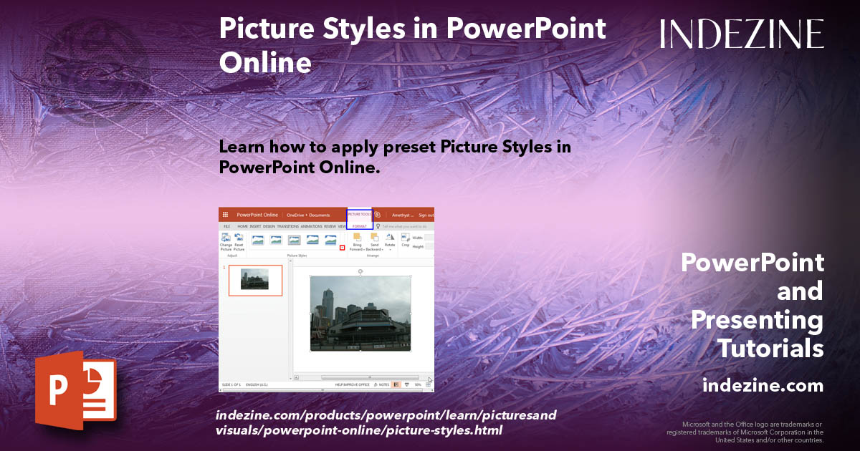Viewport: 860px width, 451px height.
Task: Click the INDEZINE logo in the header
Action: tap(742, 34)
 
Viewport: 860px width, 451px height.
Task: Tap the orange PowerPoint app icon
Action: tap(75, 389)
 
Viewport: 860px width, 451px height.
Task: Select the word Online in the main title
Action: tap(265, 63)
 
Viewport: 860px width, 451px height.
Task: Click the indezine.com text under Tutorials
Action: tap(763, 386)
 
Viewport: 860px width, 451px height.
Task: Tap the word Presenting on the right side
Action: tap(757, 319)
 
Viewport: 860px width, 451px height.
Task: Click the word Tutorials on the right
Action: tap(770, 349)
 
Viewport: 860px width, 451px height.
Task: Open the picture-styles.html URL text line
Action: tap(358, 430)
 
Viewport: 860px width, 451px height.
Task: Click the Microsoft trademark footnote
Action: tap(745, 432)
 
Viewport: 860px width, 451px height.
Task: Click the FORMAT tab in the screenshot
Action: tap(359, 226)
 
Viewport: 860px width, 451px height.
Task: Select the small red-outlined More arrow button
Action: tap(342, 248)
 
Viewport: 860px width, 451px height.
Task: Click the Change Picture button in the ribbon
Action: tap(226, 242)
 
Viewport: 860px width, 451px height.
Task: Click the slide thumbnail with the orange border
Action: tap(255, 280)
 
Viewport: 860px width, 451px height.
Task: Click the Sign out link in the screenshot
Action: tap(426, 215)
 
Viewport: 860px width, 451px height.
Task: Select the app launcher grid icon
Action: tap(225, 215)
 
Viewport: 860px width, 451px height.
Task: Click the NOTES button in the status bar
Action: tap(381, 384)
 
